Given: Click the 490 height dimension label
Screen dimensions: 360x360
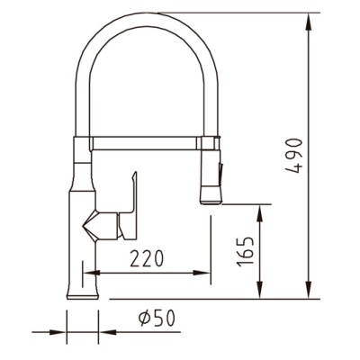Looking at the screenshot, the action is [292, 156].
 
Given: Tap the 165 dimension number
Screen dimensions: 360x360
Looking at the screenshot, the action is [245, 252].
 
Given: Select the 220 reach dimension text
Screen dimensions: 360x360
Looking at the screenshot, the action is [147, 258].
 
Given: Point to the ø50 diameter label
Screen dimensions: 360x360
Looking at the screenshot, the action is [157, 318].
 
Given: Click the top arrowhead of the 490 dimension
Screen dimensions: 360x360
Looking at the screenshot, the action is [309, 22].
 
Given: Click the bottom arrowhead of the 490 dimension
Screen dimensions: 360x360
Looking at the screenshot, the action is [309, 290].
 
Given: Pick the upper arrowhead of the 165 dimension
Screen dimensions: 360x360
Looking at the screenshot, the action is [260, 213].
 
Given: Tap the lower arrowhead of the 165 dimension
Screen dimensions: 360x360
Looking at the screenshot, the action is [260, 290].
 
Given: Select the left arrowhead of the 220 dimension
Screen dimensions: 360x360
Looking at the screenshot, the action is [91, 273].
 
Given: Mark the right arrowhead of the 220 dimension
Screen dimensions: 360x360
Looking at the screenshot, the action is [202, 273].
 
